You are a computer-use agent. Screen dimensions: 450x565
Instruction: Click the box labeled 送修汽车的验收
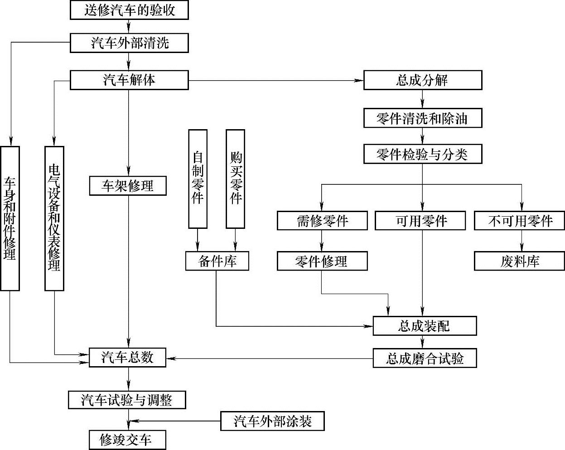tap(129, 10)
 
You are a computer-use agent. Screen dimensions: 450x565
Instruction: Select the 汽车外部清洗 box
tap(129, 43)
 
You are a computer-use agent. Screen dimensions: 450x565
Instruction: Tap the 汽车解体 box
tap(129, 80)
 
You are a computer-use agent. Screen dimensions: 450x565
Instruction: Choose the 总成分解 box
tap(422, 80)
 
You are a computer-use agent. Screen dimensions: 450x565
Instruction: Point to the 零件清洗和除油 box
tap(422, 118)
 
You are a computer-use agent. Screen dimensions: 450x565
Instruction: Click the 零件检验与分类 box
tap(422, 155)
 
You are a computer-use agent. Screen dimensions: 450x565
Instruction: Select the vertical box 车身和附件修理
tap(10, 218)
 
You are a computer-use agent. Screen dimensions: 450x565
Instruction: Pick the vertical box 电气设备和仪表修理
tap(54, 218)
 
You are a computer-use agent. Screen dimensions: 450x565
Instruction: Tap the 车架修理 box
tap(128, 186)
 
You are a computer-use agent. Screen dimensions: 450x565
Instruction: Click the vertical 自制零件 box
tap(198, 178)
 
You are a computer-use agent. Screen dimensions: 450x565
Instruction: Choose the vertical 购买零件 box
tap(235, 178)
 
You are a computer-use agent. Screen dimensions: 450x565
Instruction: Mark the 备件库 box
tap(217, 261)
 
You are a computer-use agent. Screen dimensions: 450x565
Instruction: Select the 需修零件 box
tap(322, 221)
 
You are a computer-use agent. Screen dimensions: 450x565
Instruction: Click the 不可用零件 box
tap(521, 221)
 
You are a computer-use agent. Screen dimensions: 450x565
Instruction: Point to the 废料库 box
tap(520, 261)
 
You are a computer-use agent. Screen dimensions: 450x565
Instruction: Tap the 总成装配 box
tap(425, 326)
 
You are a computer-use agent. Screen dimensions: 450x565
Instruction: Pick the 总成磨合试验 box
tap(425, 358)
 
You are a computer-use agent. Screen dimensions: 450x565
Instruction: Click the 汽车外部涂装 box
tap(273, 421)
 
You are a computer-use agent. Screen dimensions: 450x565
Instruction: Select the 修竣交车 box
tap(127, 440)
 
